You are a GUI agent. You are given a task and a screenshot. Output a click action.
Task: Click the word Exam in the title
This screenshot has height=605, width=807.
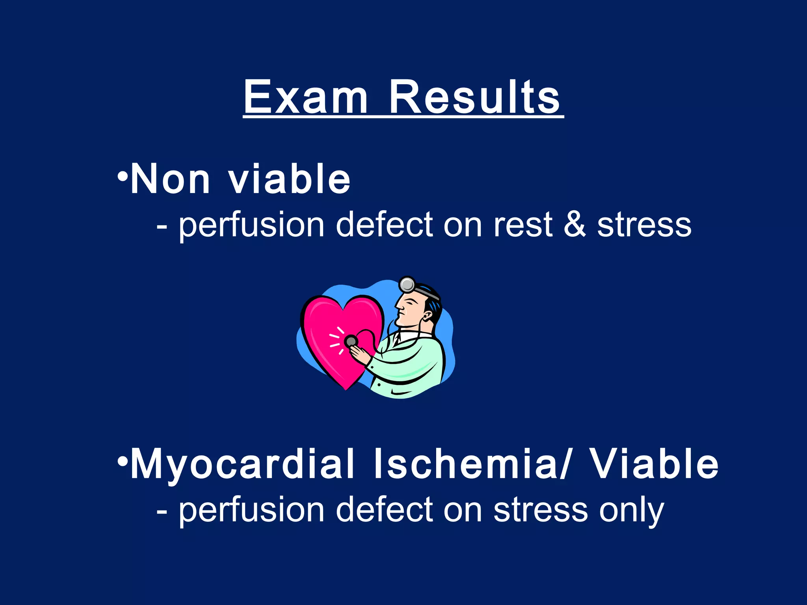coord(305,97)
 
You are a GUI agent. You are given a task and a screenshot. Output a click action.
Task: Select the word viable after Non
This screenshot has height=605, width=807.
coord(290,180)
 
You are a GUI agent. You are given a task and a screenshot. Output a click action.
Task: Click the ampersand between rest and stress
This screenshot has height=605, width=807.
coord(575,225)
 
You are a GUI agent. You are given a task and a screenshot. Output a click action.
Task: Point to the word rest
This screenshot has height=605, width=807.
coord(523,225)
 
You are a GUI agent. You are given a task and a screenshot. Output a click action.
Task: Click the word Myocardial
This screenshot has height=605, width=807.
coord(242,465)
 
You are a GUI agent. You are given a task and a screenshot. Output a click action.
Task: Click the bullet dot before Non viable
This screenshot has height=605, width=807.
coord(123,175)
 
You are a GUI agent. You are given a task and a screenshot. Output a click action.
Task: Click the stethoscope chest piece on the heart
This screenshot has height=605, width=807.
coord(351,341)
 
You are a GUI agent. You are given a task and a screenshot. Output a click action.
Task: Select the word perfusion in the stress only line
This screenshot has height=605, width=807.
coord(251,511)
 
